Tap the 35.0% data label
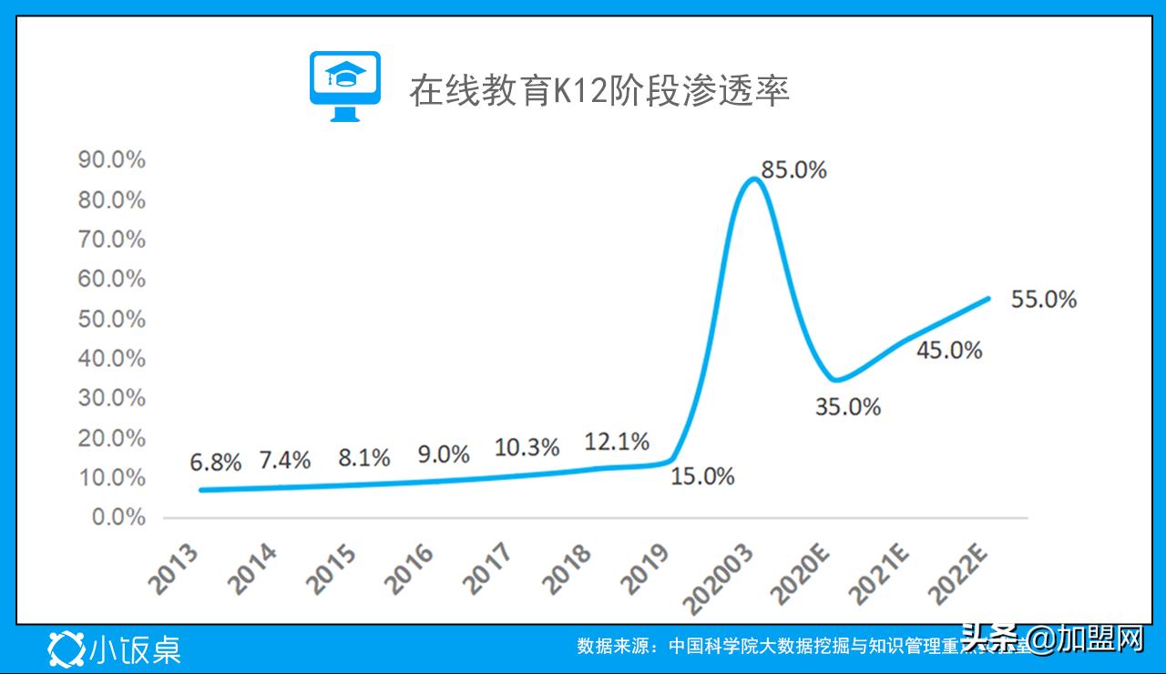pyautogui.click(x=847, y=407)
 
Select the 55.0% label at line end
pyautogui.click(x=1043, y=299)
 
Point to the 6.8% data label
pyautogui.click(x=215, y=462)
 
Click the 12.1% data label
pyautogui.click(x=617, y=443)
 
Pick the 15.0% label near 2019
pyautogui.click(x=701, y=475)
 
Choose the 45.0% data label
pyautogui.click(x=948, y=350)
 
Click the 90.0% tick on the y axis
pyautogui.click(x=112, y=160)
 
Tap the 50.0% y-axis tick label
pyautogui.click(x=112, y=319)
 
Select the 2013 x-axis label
pyautogui.click(x=177, y=569)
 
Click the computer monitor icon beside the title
pyautogui.click(x=344, y=87)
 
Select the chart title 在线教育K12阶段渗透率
pyautogui.click(x=598, y=91)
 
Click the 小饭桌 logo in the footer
pyautogui.click(x=115, y=648)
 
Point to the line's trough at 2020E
pyautogui.click(x=834, y=380)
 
